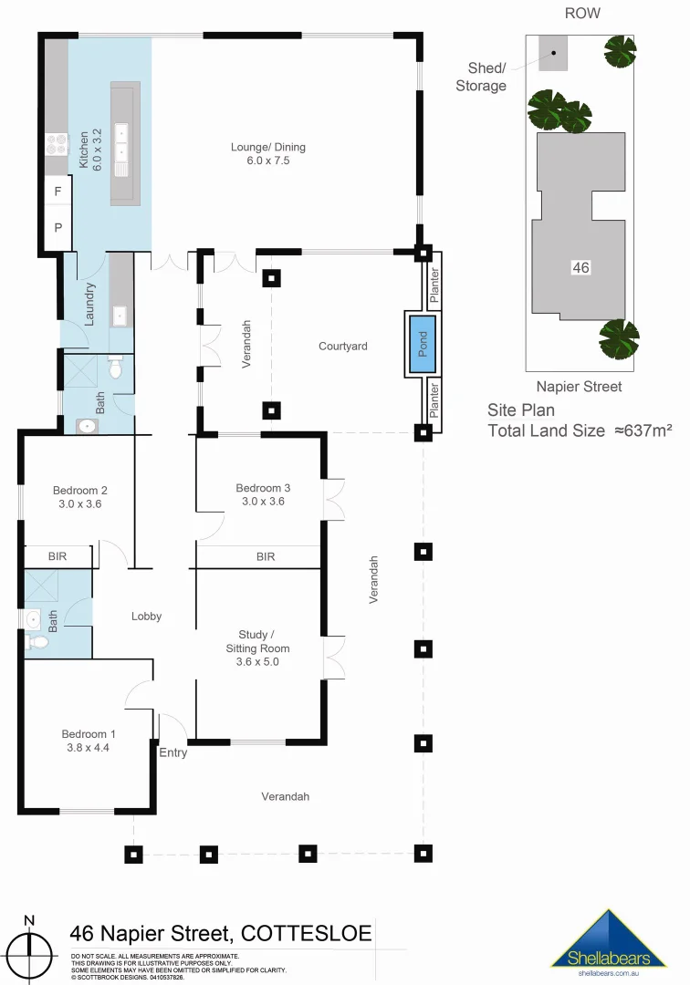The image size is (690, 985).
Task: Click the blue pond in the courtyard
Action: point(423,343)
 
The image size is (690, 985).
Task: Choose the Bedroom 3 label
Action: point(263,494)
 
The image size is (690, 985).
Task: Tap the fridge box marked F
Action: point(57,192)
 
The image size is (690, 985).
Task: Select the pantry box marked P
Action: point(57,228)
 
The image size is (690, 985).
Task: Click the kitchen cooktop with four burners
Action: point(57,143)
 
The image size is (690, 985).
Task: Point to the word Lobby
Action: point(146,617)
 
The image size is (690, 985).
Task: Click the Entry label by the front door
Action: point(172,752)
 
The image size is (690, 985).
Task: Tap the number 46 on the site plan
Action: point(580,267)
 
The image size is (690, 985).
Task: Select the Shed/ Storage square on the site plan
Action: point(552,53)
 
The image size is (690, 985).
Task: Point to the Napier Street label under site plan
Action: point(579,387)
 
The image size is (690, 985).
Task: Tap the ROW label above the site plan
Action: point(582,13)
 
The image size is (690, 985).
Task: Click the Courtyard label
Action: point(343,347)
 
